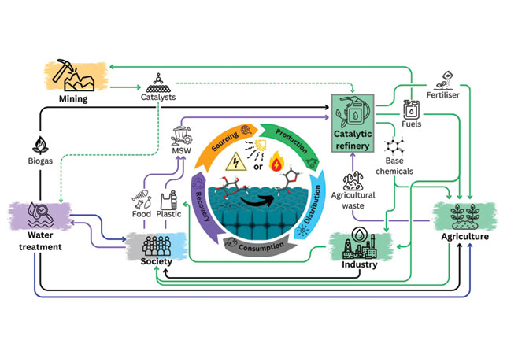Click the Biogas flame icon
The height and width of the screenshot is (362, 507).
point(39,147)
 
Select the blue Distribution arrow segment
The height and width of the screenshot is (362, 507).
point(315,201)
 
